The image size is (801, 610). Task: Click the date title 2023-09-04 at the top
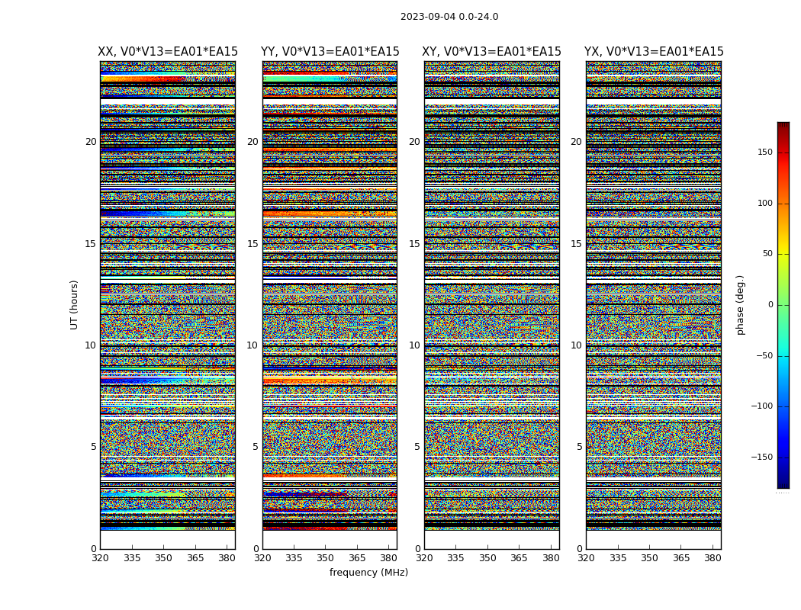coord(449,17)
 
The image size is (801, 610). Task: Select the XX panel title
coord(168,52)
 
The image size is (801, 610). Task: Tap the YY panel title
coord(330,52)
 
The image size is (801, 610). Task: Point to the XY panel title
coord(491,52)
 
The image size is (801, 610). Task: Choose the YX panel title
coord(654,52)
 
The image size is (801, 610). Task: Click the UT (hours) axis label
coord(75,304)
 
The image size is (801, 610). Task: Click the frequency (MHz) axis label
coord(368,573)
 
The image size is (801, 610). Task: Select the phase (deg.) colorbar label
coord(740,304)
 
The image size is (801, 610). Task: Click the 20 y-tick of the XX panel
coord(91,142)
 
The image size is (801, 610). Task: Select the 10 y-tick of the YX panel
coord(576,345)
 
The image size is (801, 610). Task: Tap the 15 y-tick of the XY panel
coord(414,244)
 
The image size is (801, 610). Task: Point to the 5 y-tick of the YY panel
coord(256,447)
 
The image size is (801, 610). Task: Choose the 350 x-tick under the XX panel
coord(163,558)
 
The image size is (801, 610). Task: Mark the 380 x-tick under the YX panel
coord(713,558)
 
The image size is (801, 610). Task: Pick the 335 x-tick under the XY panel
coord(455,558)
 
